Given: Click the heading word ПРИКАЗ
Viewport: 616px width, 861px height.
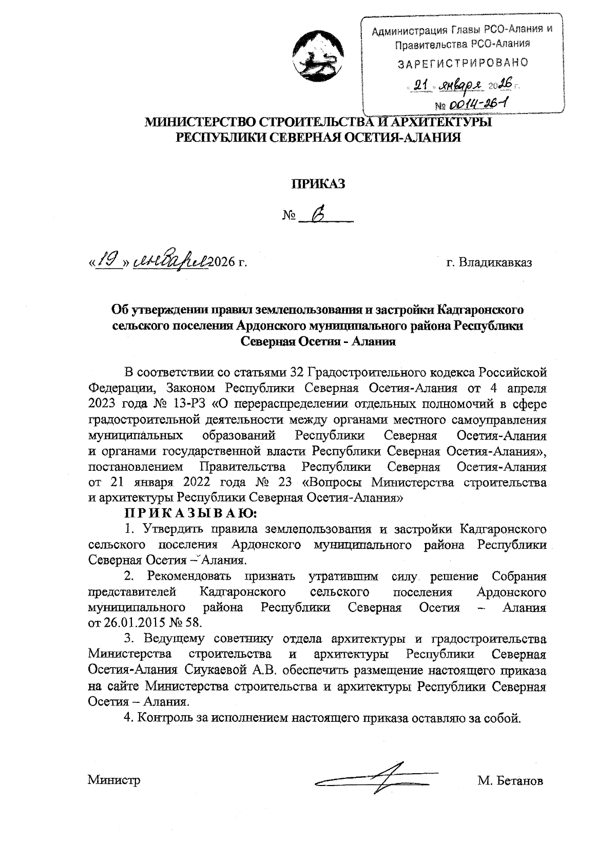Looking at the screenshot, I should coord(318,183).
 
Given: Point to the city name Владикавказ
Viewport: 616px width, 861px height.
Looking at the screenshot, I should coord(495,263).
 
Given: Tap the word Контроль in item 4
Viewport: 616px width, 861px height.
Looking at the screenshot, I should coord(157,718).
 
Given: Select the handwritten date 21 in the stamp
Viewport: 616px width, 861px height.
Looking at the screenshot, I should coord(421,85).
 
